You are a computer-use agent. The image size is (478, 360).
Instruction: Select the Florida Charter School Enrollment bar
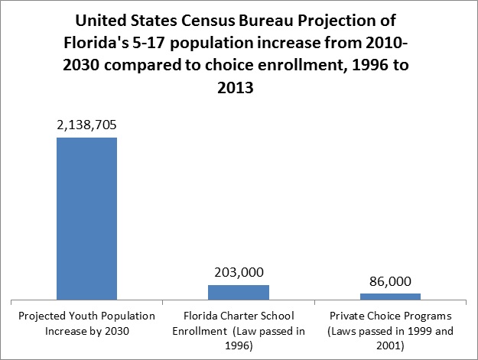[x=239, y=292]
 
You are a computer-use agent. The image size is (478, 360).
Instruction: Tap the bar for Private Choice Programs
[x=391, y=296]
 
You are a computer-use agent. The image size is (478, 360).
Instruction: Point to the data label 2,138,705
[x=86, y=125]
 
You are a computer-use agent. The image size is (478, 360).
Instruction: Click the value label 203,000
[x=239, y=272]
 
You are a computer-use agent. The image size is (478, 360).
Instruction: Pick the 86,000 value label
[x=391, y=281]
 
